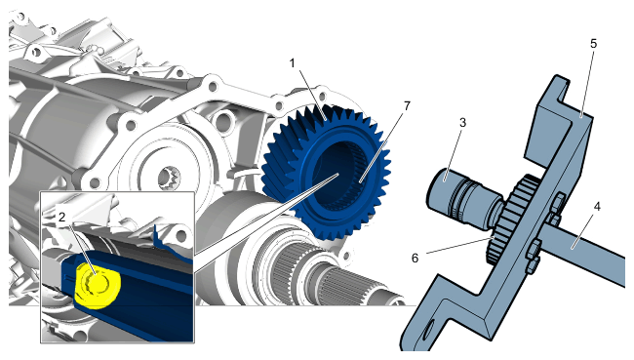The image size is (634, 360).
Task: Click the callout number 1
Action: coord(292,63)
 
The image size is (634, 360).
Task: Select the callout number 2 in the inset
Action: coord(61,218)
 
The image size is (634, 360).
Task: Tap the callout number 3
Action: coord(462,123)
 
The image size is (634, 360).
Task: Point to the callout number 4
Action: coord(597,207)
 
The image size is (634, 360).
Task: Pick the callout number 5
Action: coord(593,43)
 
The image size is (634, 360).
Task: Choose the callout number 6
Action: coord(415,258)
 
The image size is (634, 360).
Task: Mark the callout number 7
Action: coord(407,106)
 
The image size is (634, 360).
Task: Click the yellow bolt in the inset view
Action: coord(97,285)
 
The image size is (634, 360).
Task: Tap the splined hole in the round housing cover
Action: coord(169,179)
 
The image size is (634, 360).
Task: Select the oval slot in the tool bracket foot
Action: coord(427,329)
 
